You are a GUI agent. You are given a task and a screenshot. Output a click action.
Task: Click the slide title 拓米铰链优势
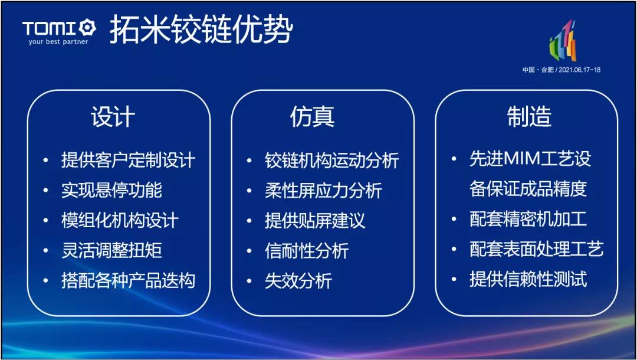pos(201,30)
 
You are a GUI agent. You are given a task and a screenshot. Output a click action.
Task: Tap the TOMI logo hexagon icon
pos(87,28)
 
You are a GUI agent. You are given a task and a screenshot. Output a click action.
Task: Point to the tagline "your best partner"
pos(58,41)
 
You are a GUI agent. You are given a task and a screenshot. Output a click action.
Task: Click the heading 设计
pos(113,117)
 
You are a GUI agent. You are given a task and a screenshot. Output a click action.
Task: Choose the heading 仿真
pos(312,116)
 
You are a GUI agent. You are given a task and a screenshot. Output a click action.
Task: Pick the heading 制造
pos(529,116)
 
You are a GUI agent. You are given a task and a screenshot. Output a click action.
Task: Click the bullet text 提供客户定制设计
pos(129,160)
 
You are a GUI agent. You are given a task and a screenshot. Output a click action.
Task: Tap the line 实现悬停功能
pos(111,190)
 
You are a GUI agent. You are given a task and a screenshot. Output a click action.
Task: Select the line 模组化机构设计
pos(120,220)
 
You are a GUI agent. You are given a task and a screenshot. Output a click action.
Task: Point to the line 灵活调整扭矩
pos(111,250)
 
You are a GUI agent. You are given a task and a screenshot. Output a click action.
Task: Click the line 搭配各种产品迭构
pos(129,280)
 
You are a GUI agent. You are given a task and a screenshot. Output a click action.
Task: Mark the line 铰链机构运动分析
pos(332,160)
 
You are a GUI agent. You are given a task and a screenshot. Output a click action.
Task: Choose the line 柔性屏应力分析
pos(324,190)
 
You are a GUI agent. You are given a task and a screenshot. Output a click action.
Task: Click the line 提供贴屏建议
pos(315,220)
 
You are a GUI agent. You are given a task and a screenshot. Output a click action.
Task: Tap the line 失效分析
pos(298,280)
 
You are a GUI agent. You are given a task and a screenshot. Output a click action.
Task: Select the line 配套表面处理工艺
pos(537,250)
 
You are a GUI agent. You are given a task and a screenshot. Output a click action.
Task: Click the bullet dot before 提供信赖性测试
pos(454,280)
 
